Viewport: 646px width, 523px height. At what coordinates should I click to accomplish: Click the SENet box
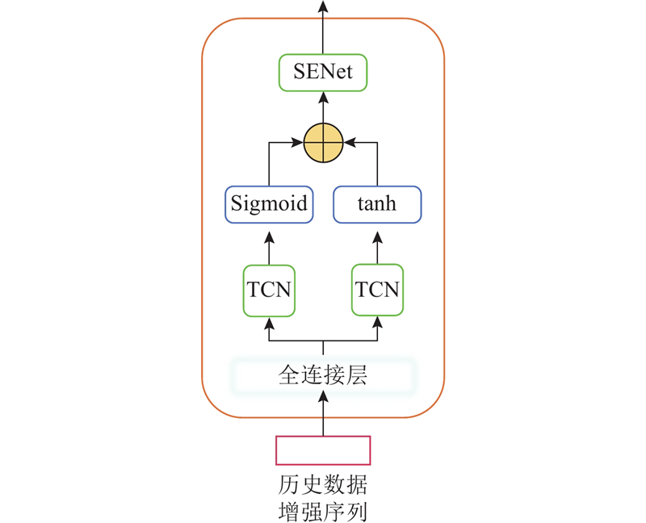click(323, 73)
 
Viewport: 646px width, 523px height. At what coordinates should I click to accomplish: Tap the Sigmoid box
click(269, 203)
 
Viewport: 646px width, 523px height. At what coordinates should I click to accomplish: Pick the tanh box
click(377, 203)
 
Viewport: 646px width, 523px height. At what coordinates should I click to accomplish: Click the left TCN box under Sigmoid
click(269, 289)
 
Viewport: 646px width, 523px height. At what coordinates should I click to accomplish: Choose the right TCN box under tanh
click(377, 289)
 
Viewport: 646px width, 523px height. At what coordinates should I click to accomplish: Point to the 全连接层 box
click(323, 375)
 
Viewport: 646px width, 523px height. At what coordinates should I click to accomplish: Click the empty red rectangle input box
click(323, 450)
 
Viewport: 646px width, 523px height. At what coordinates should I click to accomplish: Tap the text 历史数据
click(323, 486)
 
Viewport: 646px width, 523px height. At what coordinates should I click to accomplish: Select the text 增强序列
click(323, 511)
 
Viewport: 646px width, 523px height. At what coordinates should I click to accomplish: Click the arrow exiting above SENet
click(323, 28)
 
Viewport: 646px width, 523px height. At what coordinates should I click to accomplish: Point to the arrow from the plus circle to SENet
click(323, 108)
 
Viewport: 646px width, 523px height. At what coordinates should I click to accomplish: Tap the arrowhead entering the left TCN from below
click(269, 322)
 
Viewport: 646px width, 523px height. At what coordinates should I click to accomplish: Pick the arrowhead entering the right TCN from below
click(377, 322)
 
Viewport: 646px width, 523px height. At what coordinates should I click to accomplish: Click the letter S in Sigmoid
click(237, 203)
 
